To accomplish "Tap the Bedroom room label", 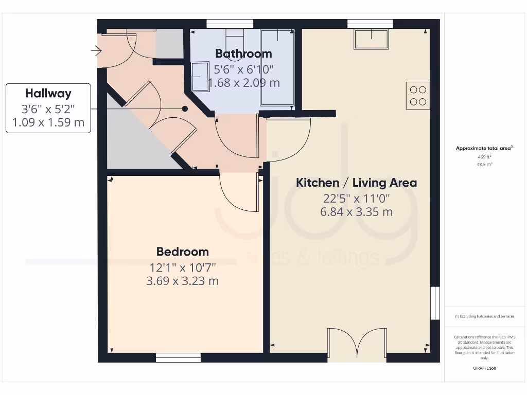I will coord(183,252).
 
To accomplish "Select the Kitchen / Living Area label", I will coord(356,183).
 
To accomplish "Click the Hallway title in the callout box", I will coord(48,94).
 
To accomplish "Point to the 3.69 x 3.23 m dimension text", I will coord(183,281).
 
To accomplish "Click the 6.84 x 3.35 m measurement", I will coord(356,211).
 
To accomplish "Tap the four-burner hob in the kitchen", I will coord(418,96).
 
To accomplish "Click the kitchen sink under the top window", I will coord(371,39).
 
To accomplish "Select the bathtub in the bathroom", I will coord(278,67).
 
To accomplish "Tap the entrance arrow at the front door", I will coord(96,50).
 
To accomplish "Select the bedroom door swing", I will coord(239,192).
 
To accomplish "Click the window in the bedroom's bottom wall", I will coord(178,357).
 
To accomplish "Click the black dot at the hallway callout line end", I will coord(184,109).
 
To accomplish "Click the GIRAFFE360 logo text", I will coord(484,368).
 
